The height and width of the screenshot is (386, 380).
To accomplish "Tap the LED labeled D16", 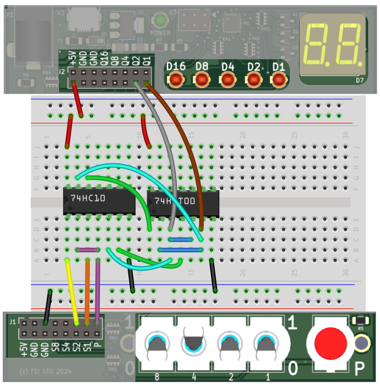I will [x=176, y=79].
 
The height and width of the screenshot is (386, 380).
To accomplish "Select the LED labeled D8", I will [x=201, y=79].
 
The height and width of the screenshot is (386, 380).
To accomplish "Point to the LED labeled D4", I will [x=227, y=79].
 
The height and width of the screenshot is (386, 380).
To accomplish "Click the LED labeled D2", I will [x=253, y=79].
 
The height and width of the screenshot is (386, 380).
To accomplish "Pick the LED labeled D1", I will [x=278, y=79].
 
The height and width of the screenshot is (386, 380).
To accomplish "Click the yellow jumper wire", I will [x=71, y=290].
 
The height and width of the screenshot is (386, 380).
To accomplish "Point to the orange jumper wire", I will [x=87, y=290].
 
